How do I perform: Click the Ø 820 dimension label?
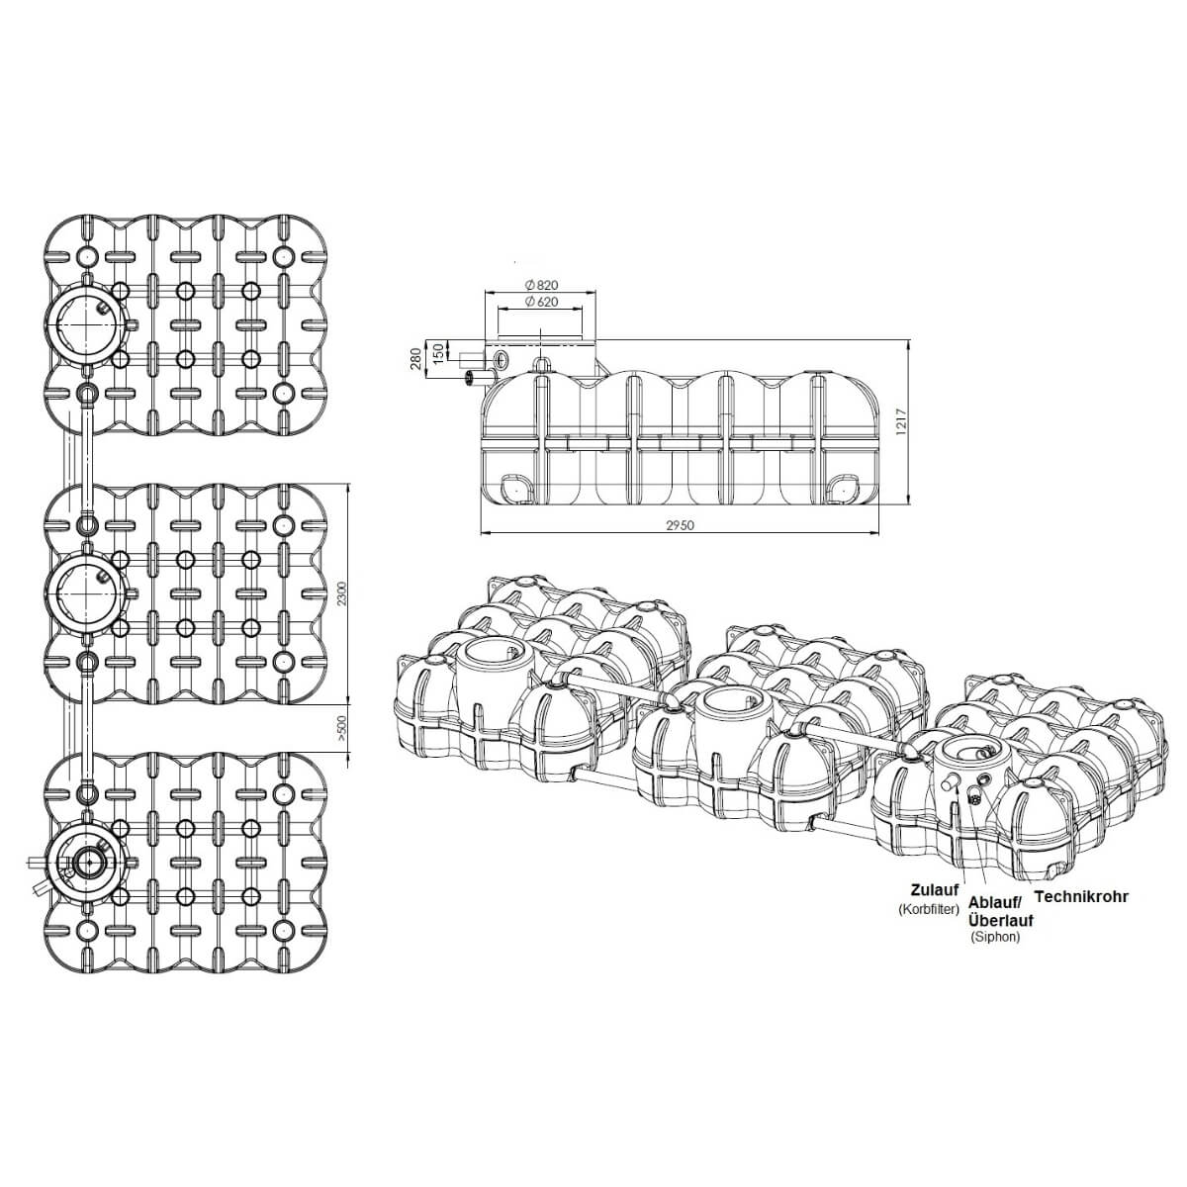pos(541,285)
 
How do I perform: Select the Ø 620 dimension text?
pos(541,302)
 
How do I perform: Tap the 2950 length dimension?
pos(680,525)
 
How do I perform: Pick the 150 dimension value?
pos(438,352)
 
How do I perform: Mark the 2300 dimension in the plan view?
pos(342,593)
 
